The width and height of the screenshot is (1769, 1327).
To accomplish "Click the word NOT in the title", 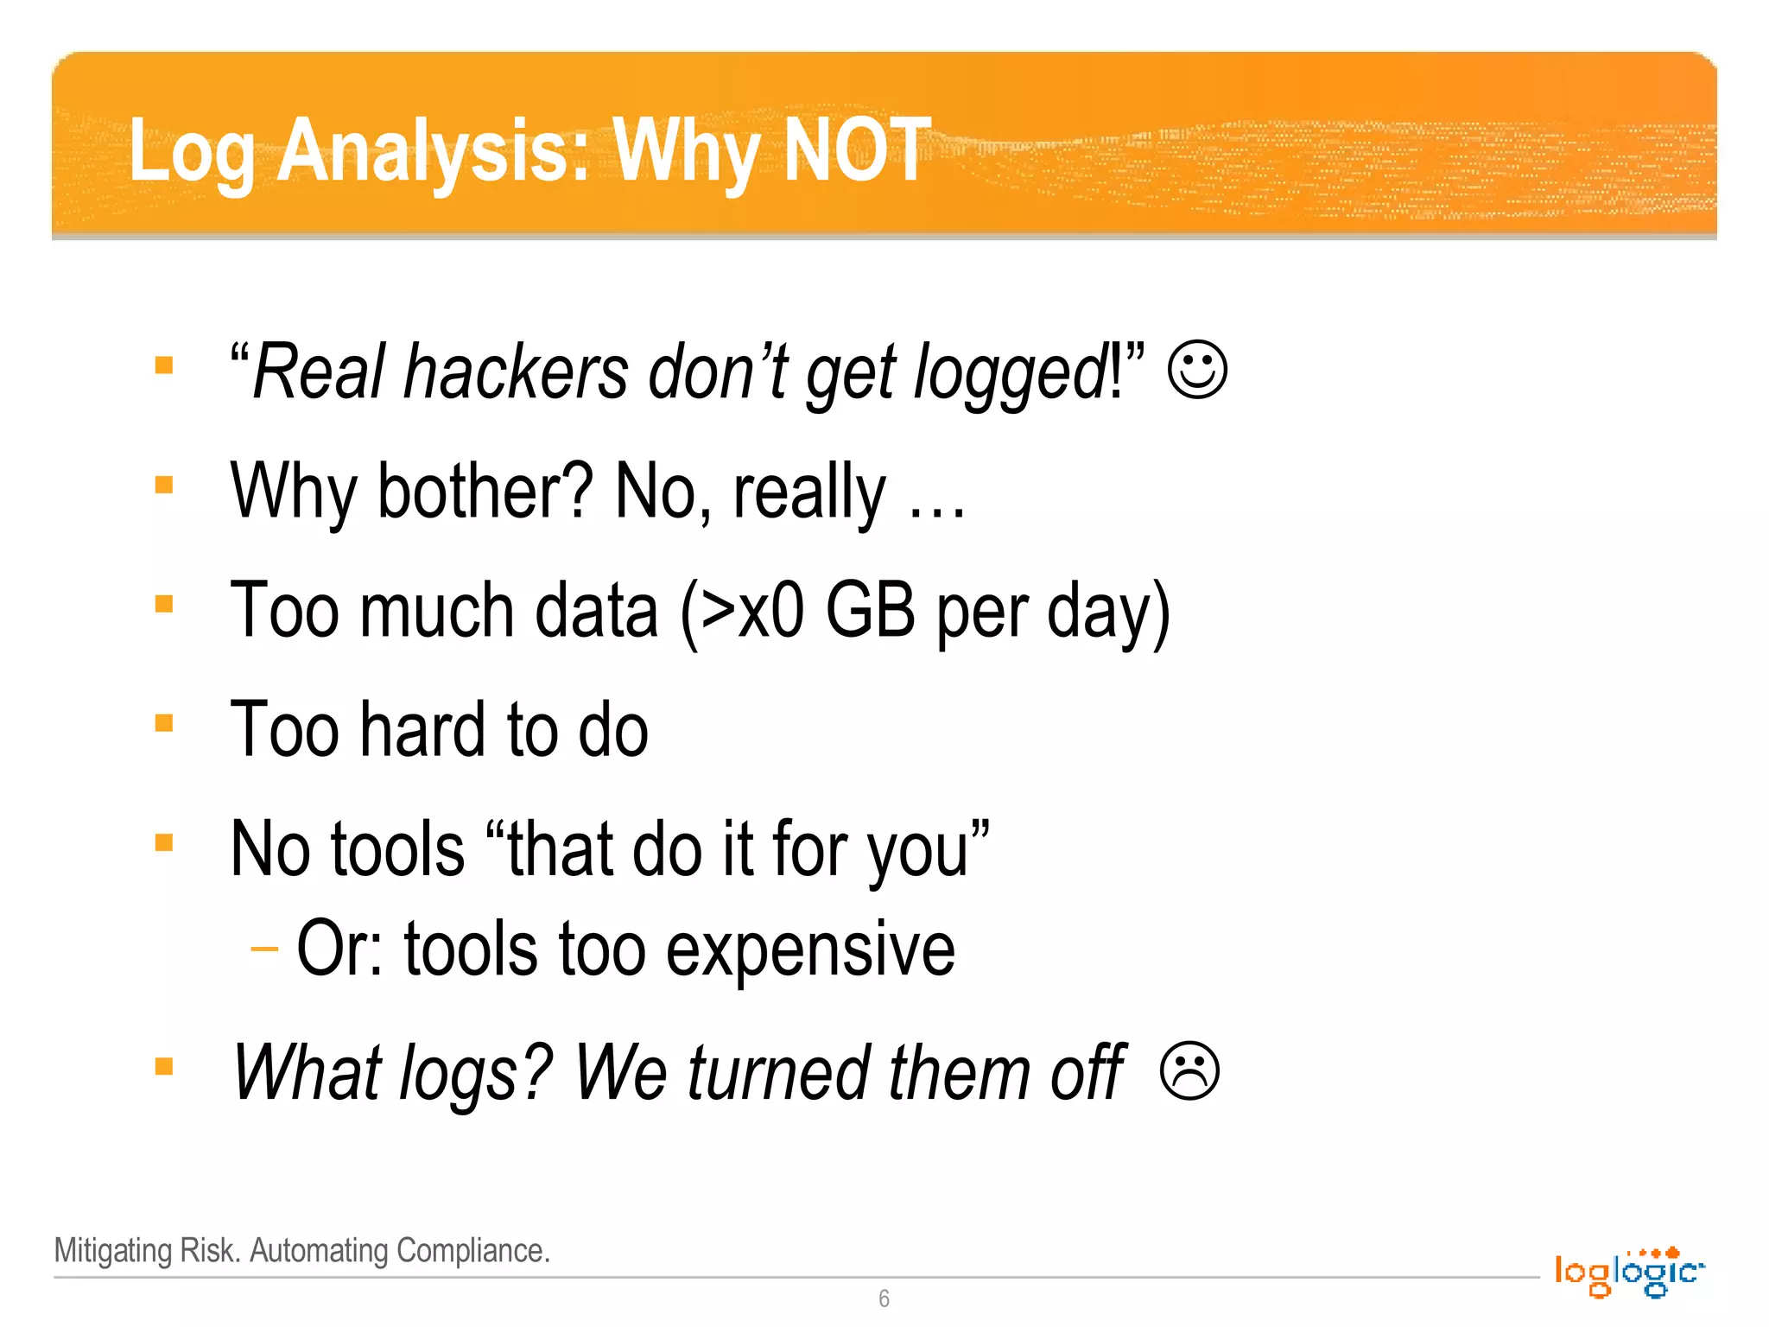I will (856, 150).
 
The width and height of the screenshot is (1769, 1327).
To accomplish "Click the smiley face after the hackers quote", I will (1197, 370).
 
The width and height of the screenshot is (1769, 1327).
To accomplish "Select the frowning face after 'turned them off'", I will (1189, 1071).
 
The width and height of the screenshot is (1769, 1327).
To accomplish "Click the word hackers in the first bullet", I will (517, 372).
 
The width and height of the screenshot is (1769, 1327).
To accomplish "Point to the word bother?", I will (485, 491).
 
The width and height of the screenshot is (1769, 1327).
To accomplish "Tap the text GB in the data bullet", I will (869, 610).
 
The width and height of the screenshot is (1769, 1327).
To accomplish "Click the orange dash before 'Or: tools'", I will (264, 949).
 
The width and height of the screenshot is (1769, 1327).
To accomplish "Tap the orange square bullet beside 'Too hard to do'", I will (164, 722).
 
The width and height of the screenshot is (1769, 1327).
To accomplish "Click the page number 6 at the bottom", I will (884, 1298).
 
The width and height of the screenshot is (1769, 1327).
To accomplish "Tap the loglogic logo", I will (1627, 1272).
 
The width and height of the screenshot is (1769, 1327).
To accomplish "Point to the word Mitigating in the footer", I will (113, 1251).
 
